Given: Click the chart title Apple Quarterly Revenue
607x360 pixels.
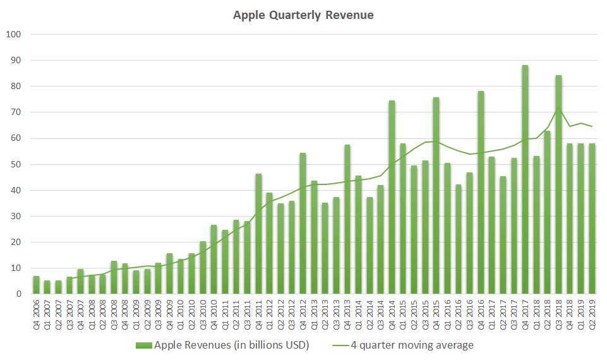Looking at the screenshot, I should click(303, 15).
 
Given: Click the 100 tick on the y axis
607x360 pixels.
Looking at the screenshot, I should click(14, 34).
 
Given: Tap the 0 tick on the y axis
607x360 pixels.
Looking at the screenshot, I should click(18, 294).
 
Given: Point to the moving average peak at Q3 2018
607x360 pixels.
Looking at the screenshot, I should click(558, 110).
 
